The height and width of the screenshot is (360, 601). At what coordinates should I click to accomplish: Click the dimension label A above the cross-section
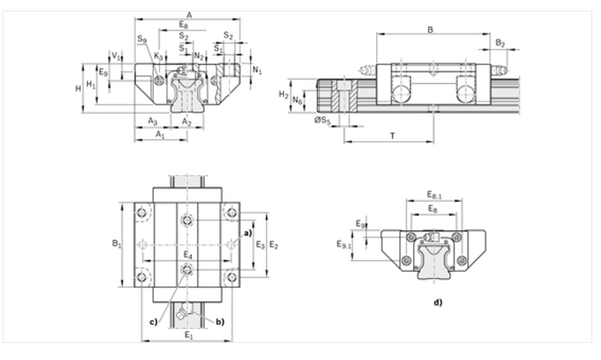tap(189, 15)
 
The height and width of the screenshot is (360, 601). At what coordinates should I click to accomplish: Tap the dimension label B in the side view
tap(430, 30)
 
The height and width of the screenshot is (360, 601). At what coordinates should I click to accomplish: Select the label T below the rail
tap(392, 136)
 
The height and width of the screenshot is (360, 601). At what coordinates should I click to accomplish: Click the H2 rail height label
tap(284, 95)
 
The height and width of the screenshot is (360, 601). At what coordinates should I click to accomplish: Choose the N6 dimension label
tap(297, 100)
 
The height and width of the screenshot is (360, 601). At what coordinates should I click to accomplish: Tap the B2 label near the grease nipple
tap(500, 43)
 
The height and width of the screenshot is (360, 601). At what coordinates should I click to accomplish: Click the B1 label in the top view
tap(117, 244)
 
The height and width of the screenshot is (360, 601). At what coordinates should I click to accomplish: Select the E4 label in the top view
tap(188, 255)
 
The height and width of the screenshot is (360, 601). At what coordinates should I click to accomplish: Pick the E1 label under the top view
tap(189, 335)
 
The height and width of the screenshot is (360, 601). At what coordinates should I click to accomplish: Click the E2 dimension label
tap(274, 245)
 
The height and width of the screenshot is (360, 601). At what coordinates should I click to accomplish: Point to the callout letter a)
tap(248, 233)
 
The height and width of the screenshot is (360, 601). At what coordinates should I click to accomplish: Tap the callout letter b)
tap(220, 322)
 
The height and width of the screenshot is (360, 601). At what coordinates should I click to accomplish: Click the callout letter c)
tap(154, 322)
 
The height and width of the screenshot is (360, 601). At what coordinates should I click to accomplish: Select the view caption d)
tap(438, 302)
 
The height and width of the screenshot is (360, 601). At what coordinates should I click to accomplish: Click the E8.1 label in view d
tap(434, 195)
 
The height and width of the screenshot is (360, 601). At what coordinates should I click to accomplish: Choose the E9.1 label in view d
tap(344, 245)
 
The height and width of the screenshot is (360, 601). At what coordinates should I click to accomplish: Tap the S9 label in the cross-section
tap(142, 39)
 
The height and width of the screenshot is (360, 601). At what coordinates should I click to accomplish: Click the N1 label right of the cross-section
tap(257, 70)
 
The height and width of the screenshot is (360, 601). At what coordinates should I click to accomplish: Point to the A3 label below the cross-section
tap(153, 121)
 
